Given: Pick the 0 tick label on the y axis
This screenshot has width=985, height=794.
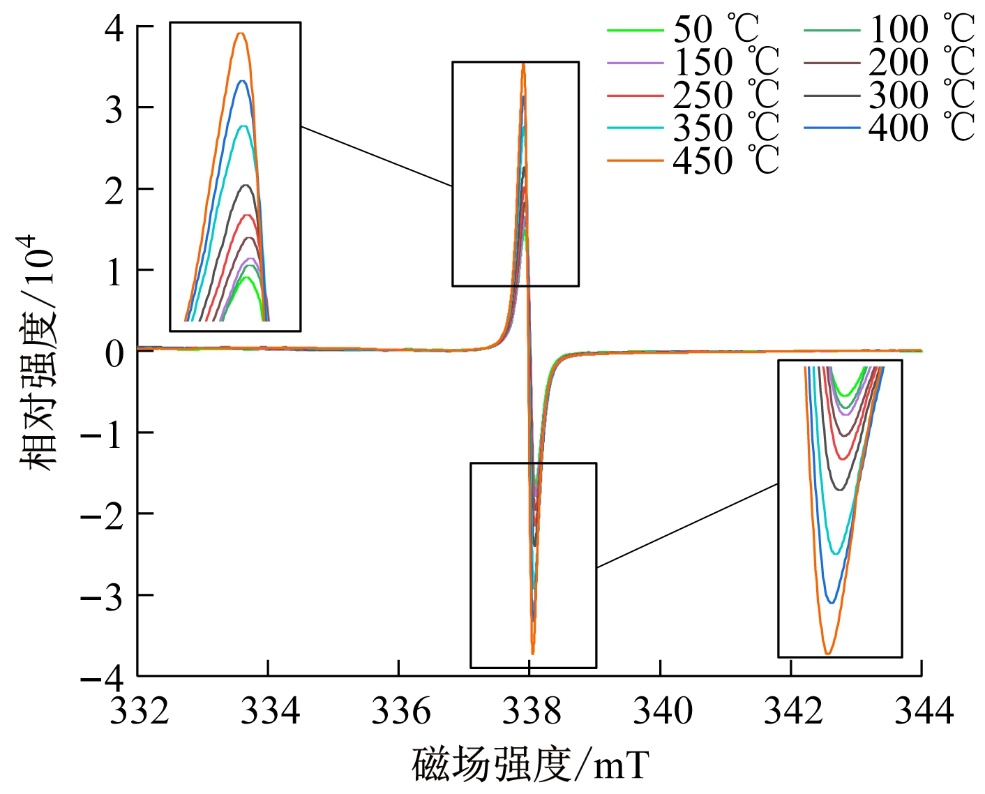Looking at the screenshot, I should coord(114,353).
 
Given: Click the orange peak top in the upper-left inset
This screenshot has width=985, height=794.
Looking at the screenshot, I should coord(241,33).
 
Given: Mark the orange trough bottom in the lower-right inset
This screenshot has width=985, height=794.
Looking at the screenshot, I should coord(827,653).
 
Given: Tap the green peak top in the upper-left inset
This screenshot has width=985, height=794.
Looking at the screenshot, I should coord(246,278).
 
